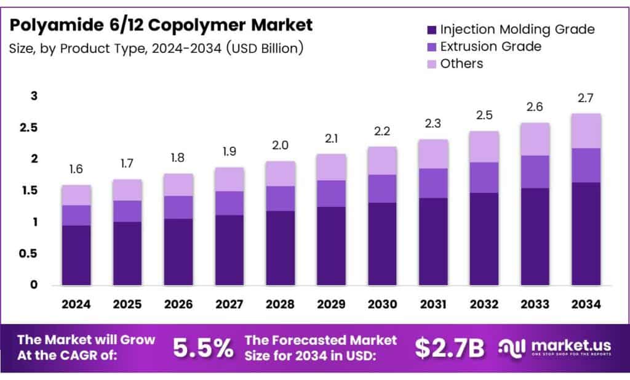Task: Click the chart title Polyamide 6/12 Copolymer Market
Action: (161, 25)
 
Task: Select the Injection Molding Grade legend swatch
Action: (431, 30)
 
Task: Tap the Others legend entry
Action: (461, 63)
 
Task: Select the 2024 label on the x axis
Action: (76, 304)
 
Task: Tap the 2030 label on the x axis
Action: (382, 304)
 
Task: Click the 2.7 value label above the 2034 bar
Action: (586, 98)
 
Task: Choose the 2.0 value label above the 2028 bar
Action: (280, 146)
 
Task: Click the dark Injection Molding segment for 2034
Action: (586, 234)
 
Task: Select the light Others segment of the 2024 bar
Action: (76, 195)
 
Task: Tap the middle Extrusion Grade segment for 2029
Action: (331, 193)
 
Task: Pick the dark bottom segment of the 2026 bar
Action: (178, 252)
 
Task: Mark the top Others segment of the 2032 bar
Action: (484, 147)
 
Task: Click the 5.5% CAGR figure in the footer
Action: (203, 349)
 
